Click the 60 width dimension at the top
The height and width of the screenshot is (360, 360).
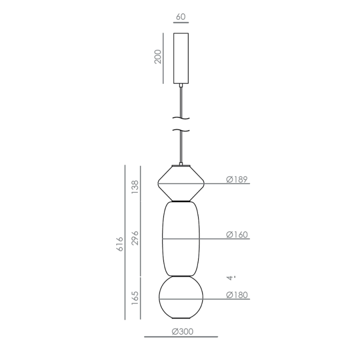pos(181,17)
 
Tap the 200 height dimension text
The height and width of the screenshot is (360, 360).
pos(158,57)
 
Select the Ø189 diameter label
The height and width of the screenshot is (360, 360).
pos(237,179)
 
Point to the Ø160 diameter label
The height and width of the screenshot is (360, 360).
pos(237,235)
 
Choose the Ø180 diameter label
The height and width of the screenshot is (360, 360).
pos(237,295)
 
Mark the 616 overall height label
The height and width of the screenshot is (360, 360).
pos(120,244)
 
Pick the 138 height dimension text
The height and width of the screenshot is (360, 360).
pos(136,187)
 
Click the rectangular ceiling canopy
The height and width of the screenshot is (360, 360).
pos(181,58)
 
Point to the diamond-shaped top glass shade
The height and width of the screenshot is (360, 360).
pos(181,183)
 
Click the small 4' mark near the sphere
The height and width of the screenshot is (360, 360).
pos(233,278)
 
